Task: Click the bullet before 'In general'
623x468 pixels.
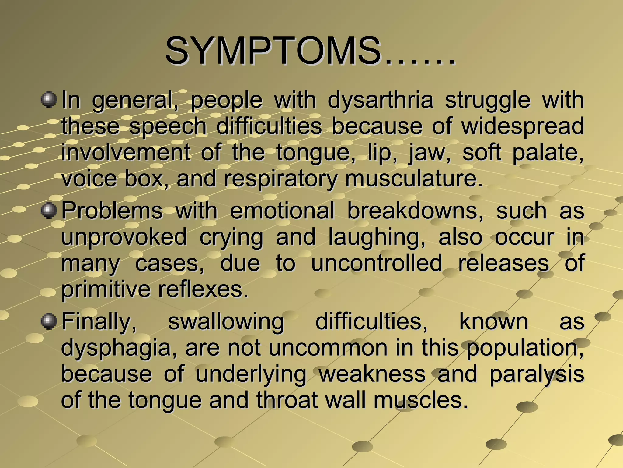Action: (49, 100)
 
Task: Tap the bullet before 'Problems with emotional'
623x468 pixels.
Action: (49, 211)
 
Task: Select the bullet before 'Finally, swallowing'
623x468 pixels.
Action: (49, 321)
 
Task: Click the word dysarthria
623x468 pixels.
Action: (380, 101)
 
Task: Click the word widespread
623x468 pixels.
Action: (523, 126)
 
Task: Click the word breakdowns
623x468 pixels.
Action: (415, 211)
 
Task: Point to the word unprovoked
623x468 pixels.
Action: (124, 238)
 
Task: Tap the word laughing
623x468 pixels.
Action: (377, 238)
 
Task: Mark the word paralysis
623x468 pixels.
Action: (537, 374)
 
